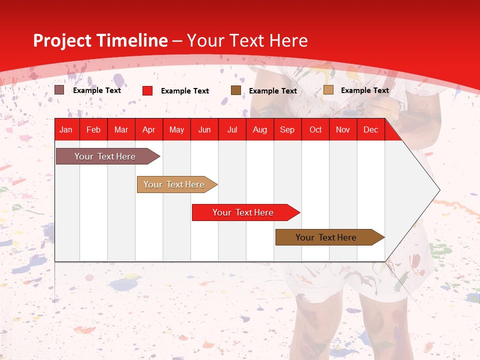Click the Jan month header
[x=66, y=129]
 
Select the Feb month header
[x=93, y=129]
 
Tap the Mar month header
[x=121, y=129]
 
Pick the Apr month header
[x=149, y=129]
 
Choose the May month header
[x=176, y=129]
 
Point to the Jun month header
[x=204, y=129]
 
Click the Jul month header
[x=232, y=129]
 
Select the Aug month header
[x=260, y=129]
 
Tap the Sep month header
[x=287, y=129]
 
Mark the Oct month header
[x=315, y=129]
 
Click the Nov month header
[x=343, y=129]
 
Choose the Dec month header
[x=371, y=129]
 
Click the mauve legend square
[x=59, y=90]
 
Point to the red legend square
[x=147, y=90]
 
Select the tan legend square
[x=328, y=90]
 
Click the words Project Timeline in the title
[x=100, y=40]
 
